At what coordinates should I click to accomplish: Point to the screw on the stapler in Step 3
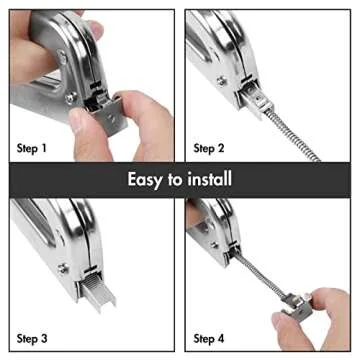tap(62, 267)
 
